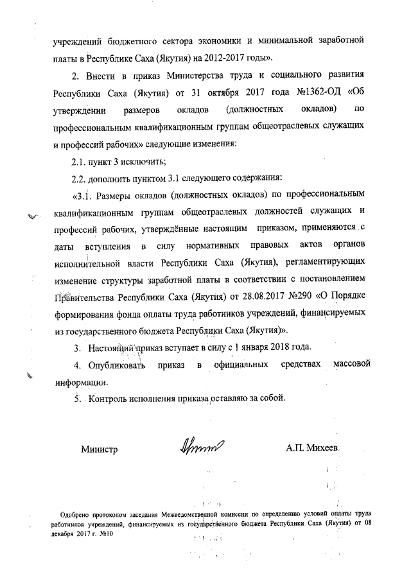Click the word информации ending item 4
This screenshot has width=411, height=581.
[x=80, y=381]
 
